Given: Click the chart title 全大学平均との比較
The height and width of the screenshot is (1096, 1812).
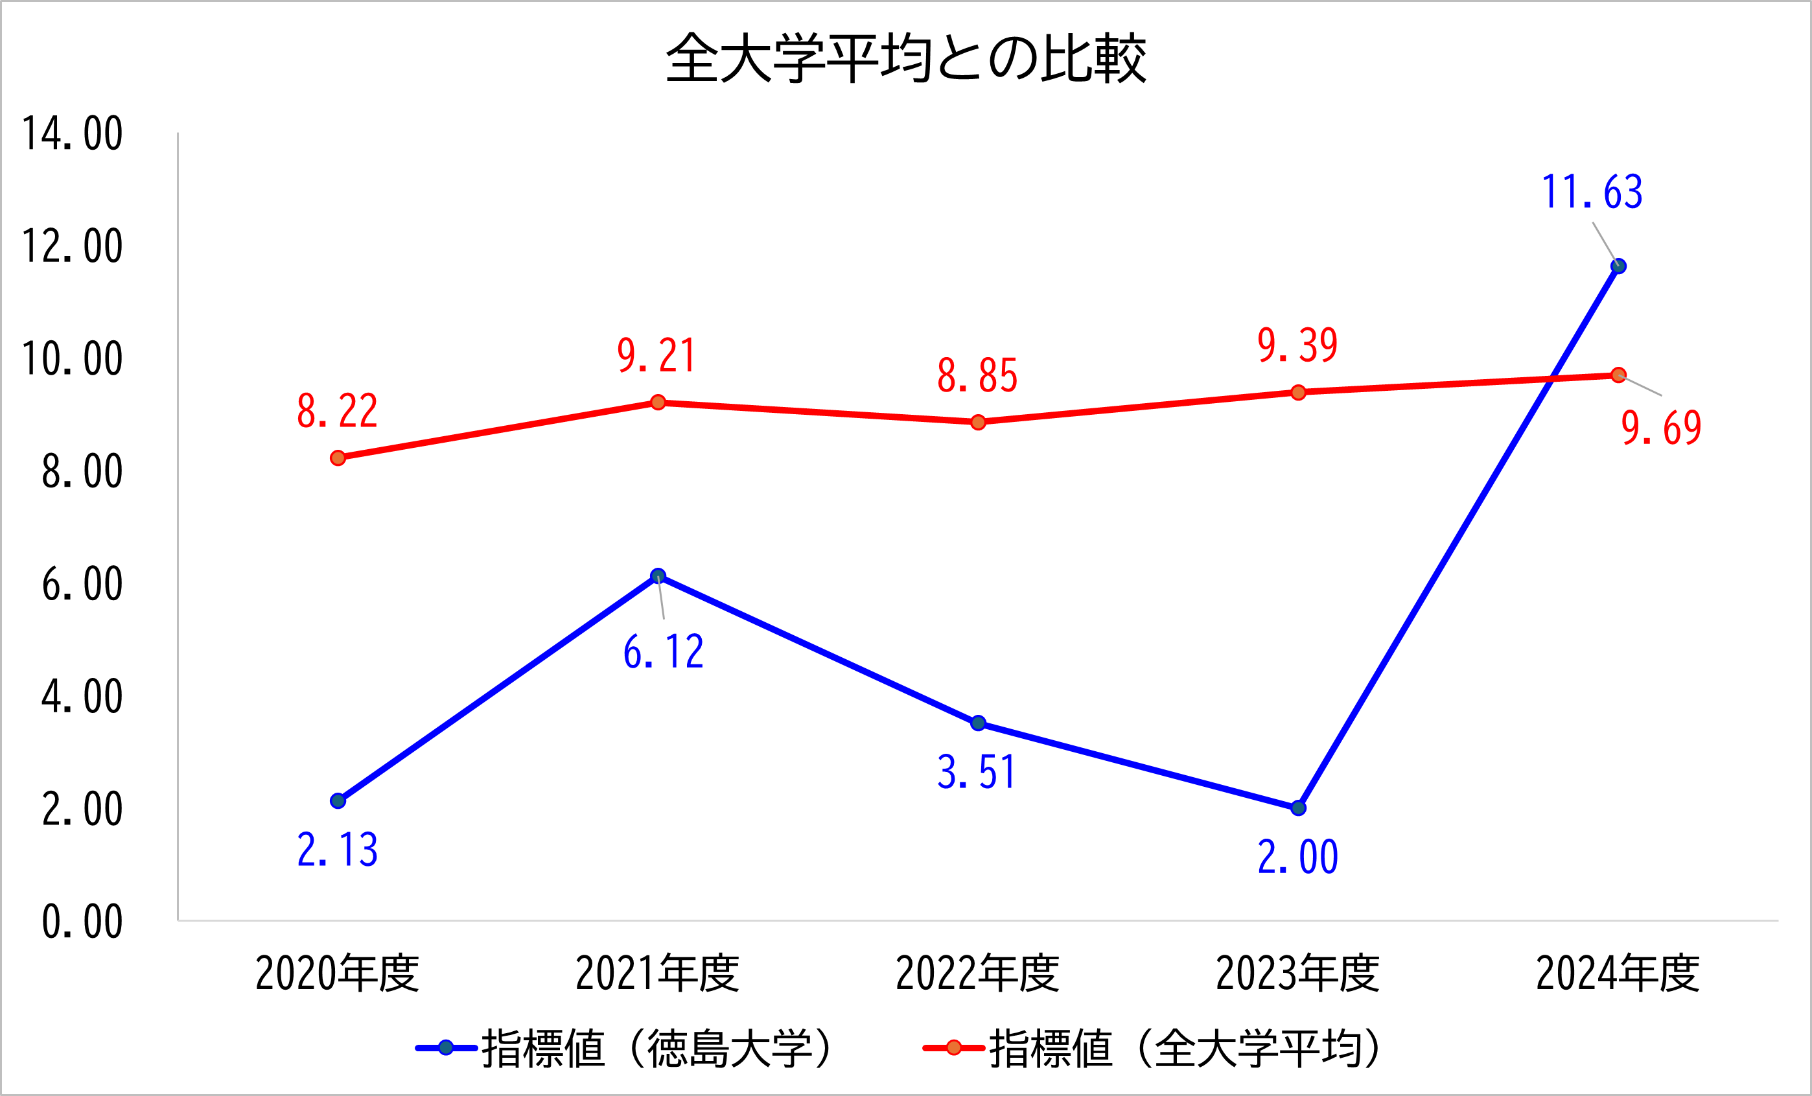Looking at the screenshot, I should (905, 58).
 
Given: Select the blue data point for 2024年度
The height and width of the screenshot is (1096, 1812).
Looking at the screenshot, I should (1618, 266).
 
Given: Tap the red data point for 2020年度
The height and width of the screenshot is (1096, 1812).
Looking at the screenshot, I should (338, 458).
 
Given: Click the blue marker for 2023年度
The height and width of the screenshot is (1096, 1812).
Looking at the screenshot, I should (1298, 808).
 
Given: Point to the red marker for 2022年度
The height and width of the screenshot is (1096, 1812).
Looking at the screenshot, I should (978, 422).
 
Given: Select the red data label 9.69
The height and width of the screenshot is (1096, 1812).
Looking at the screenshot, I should (1661, 428).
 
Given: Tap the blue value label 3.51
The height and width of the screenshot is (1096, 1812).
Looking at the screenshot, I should (977, 773).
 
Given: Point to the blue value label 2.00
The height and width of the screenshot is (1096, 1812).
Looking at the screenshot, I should (1298, 857).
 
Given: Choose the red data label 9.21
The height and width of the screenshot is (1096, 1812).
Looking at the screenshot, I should (656, 356).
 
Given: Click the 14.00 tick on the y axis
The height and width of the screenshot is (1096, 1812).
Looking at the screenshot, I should (72, 134).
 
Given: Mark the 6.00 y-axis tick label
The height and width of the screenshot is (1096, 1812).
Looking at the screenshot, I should (82, 585).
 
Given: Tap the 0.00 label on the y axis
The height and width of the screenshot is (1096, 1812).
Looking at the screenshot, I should (82, 922).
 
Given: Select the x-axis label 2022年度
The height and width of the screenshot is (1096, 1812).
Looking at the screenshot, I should (977, 973).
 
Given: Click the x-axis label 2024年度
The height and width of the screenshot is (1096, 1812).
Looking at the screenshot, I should (1618, 973).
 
